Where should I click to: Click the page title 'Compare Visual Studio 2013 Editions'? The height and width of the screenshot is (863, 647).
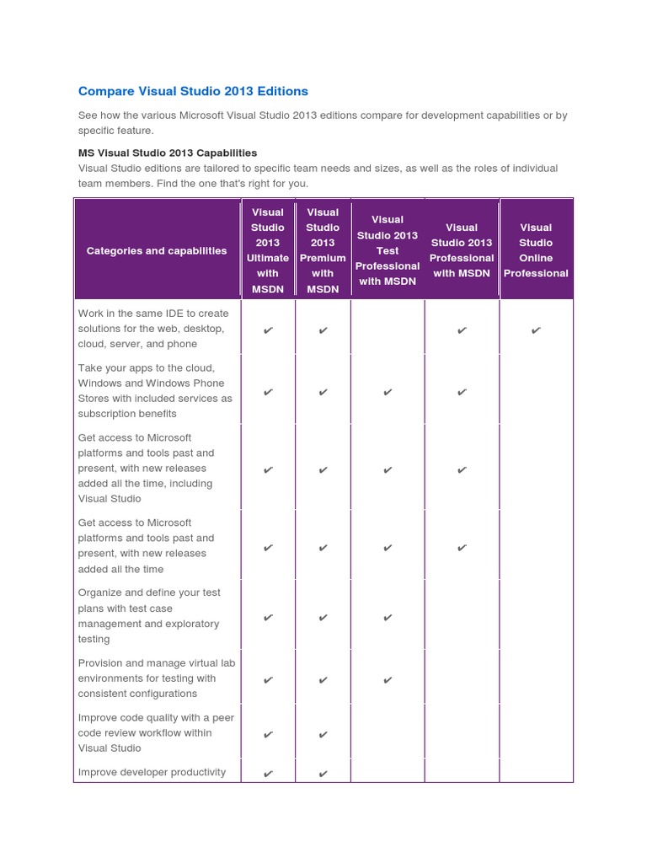pyautogui.click(x=193, y=91)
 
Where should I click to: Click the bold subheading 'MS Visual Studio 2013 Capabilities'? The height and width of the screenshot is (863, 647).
pyautogui.click(x=168, y=153)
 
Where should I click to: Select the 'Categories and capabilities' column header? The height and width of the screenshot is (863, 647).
pyautogui.click(x=157, y=250)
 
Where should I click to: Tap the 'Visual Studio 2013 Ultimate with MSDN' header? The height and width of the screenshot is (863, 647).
pyautogui.click(x=268, y=250)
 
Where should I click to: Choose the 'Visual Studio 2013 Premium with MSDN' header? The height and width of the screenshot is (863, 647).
pyautogui.click(x=323, y=250)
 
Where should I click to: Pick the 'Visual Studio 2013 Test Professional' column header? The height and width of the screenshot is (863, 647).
pyautogui.click(x=388, y=250)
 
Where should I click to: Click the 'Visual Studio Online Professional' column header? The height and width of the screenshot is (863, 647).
pyautogui.click(x=536, y=250)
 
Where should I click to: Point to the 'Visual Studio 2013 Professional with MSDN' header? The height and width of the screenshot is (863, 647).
pyautogui.click(x=462, y=250)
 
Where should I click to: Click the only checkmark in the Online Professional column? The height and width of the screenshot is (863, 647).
pyautogui.click(x=536, y=330)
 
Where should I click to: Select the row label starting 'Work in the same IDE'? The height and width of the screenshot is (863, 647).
pyautogui.click(x=153, y=329)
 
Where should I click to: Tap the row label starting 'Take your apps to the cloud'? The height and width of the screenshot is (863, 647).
pyautogui.click(x=155, y=391)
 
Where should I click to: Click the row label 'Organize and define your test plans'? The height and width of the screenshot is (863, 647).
pyautogui.click(x=149, y=616)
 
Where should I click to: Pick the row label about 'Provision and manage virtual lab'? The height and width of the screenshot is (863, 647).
pyautogui.click(x=156, y=678)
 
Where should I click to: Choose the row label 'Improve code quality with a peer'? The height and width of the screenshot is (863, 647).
pyautogui.click(x=156, y=732)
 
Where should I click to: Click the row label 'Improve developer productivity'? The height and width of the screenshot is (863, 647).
pyautogui.click(x=152, y=772)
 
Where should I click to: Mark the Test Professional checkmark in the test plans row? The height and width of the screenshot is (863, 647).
pyautogui.click(x=388, y=618)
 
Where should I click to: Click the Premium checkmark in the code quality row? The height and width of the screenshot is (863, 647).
pyautogui.click(x=323, y=735)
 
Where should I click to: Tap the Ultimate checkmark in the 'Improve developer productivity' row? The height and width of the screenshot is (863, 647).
pyautogui.click(x=268, y=774)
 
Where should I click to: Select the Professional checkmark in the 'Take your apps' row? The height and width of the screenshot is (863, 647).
pyautogui.click(x=462, y=392)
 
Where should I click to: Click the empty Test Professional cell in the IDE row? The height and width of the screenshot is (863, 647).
pyautogui.click(x=388, y=329)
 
